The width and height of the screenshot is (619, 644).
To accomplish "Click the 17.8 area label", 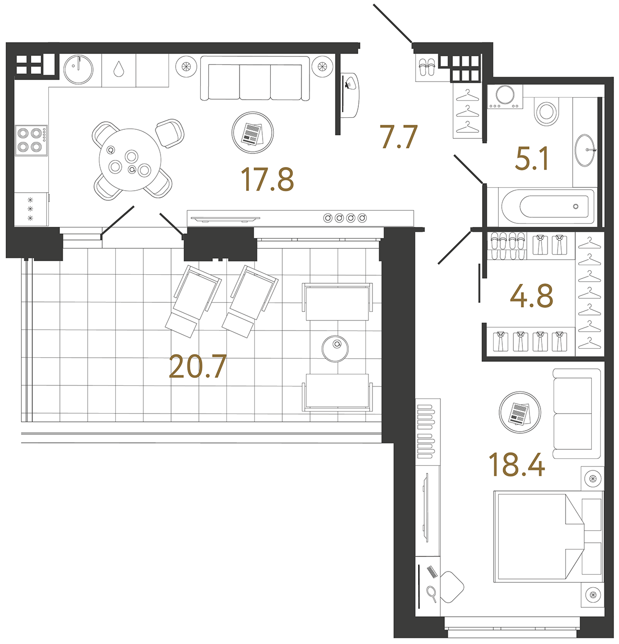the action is [267, 180].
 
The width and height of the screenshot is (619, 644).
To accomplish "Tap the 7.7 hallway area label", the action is [399, 137].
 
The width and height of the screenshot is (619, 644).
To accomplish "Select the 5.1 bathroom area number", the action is [531, 158].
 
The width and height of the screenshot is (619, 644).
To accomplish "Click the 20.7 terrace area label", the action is [198, 366].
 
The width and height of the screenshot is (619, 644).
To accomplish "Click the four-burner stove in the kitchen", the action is [31, 140].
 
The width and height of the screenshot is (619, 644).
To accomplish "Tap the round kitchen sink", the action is [79, 69].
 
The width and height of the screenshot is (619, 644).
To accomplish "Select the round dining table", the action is [130, 160].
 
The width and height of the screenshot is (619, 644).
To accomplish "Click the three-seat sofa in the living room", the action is [255, 78].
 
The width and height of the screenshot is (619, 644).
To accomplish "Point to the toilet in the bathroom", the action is [546, 111].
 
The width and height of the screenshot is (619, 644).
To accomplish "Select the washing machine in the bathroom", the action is [505, 96].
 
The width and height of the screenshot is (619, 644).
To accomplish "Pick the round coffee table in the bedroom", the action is [520, 412].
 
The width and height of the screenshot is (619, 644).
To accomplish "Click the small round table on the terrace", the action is [335, 349].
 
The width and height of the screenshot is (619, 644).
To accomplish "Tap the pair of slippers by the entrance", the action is [427, 67].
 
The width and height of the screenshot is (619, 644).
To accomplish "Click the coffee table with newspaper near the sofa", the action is [253, 133].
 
